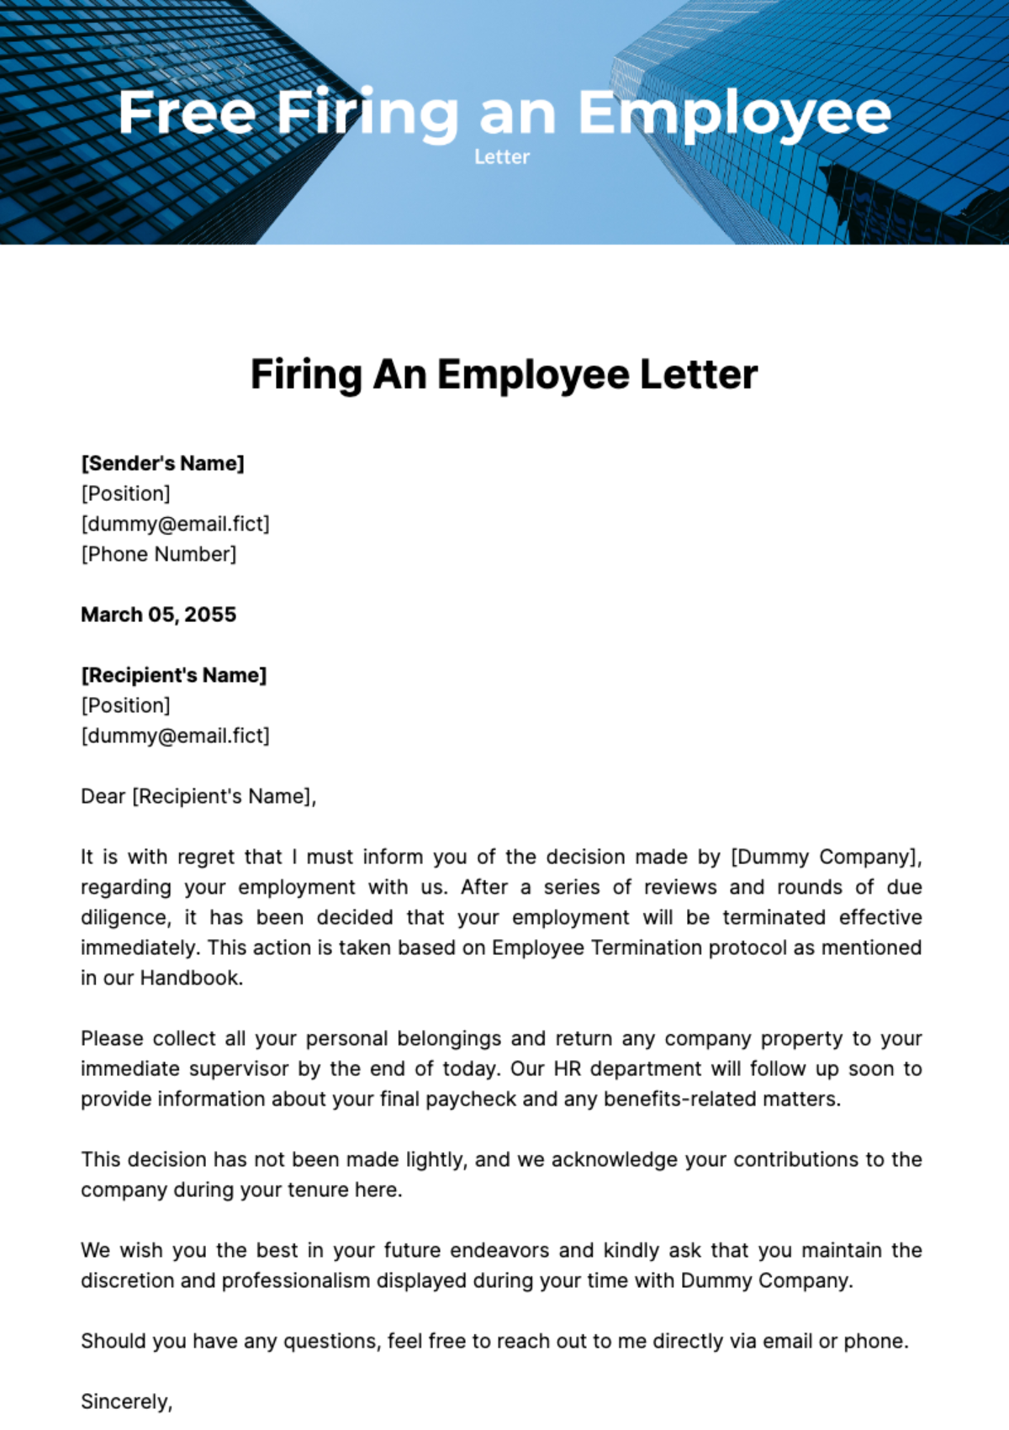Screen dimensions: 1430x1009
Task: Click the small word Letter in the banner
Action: click(502, 157)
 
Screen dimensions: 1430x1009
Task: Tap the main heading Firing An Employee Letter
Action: click(504, 375)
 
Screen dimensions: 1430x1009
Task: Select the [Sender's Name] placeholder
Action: click(162, 463)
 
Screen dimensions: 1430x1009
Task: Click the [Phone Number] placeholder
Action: click(159, 554)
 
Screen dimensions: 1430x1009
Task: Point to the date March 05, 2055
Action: click(158, 615)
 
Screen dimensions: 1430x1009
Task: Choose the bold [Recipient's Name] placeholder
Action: click(173, 675)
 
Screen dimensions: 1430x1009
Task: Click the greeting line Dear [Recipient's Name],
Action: click(198, 796)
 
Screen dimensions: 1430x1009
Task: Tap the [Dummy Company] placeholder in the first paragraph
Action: click(826, 857)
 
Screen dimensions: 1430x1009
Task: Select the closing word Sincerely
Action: click(125, 1401)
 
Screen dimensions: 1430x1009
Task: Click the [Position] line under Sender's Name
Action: click(125, 493)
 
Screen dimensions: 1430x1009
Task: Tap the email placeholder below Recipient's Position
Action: click(175, 736)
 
